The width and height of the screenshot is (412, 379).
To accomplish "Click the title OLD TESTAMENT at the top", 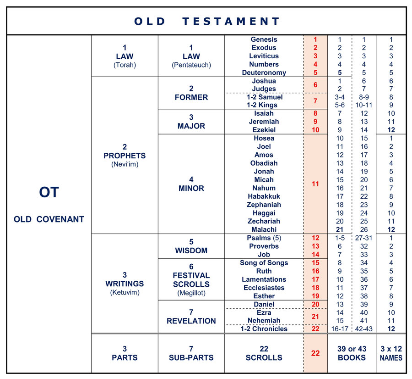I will [207, 21].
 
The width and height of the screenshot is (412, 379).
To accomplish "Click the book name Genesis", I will [264, 39].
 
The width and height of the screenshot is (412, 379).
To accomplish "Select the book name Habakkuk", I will [264, 196].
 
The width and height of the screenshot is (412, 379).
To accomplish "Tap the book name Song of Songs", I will [264, 263].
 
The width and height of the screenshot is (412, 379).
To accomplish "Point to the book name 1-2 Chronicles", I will [264, 329].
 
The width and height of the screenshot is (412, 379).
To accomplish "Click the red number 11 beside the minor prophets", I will [315, 184].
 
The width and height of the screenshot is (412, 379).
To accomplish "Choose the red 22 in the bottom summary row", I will [315, 353].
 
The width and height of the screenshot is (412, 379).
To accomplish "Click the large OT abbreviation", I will [49, 192].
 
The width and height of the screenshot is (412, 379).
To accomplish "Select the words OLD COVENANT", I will [49, 219].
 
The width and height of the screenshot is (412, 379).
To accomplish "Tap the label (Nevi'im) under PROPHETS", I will [125, 164].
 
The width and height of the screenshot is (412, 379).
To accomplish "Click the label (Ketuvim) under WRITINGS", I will [125, 292].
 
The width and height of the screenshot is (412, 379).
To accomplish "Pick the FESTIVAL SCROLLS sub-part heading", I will [191, 280].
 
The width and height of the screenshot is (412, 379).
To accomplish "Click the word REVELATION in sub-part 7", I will [191, 321].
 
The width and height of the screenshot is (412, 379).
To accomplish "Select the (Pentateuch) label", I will [191, 65].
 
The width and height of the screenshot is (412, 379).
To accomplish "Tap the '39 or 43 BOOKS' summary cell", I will [352, 353].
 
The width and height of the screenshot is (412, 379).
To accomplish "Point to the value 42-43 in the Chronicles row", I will [364, 329].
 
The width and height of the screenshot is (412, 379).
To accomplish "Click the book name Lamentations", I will [264, 279].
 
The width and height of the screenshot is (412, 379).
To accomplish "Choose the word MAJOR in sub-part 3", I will [191, 125].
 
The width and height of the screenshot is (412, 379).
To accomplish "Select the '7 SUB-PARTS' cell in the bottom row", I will [191, 353].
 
